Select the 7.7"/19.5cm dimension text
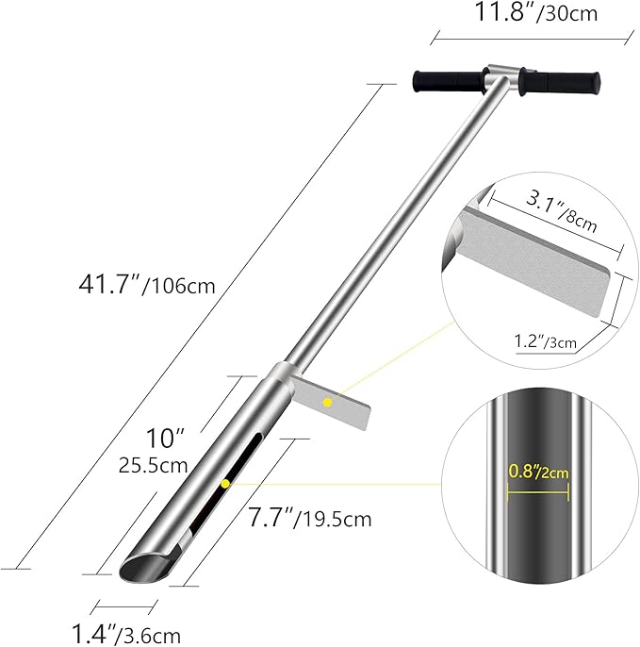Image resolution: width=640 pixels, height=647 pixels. [310, 518]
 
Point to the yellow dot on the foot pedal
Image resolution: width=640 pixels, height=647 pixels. [327, 403]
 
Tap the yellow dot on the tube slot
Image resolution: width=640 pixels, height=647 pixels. [225, 483]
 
